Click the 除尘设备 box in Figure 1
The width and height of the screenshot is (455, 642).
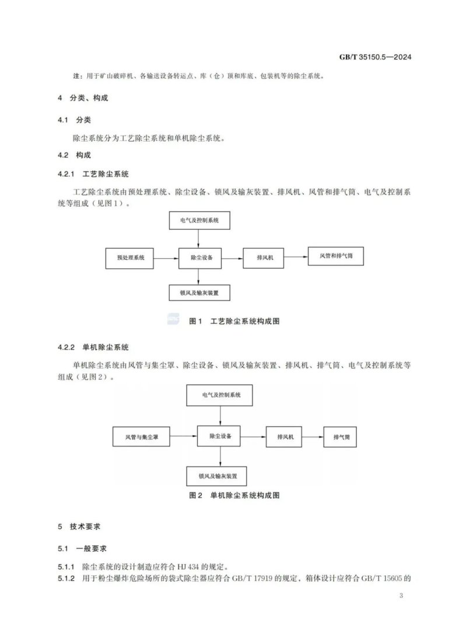pyautogui.click(x=201, y=257)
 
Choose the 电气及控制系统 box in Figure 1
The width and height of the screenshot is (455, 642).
pyautogui.click(x=199, y=221)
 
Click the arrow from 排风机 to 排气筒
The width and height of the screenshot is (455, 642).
pyautogui.click(x=313, y=436)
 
